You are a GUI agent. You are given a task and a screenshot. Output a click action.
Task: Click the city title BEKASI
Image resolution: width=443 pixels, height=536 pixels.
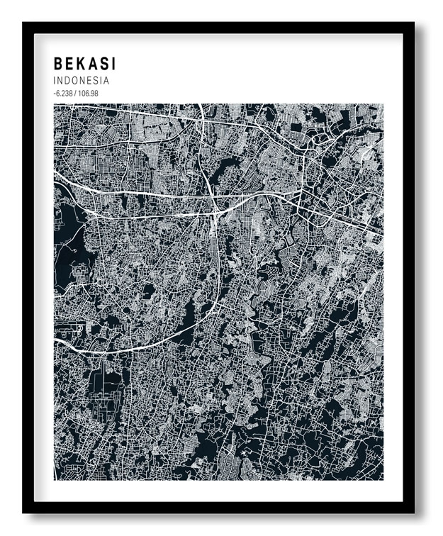point(84,65)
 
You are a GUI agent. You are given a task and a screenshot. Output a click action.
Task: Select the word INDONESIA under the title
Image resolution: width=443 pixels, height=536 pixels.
point(82,81)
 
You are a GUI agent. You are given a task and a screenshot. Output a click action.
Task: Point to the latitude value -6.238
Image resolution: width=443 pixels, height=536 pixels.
point(63,94)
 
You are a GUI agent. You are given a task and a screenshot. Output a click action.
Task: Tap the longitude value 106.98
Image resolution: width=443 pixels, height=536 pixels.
point(89,94)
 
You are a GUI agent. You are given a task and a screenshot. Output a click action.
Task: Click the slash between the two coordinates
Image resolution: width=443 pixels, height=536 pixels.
point(76,94)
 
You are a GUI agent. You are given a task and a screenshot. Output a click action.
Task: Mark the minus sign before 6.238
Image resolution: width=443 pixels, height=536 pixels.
point(54,94)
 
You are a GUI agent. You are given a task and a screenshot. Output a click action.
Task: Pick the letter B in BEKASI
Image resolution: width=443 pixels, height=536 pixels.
point(58,65)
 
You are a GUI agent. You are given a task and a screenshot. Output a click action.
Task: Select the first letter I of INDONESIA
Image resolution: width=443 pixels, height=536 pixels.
point(55,81)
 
